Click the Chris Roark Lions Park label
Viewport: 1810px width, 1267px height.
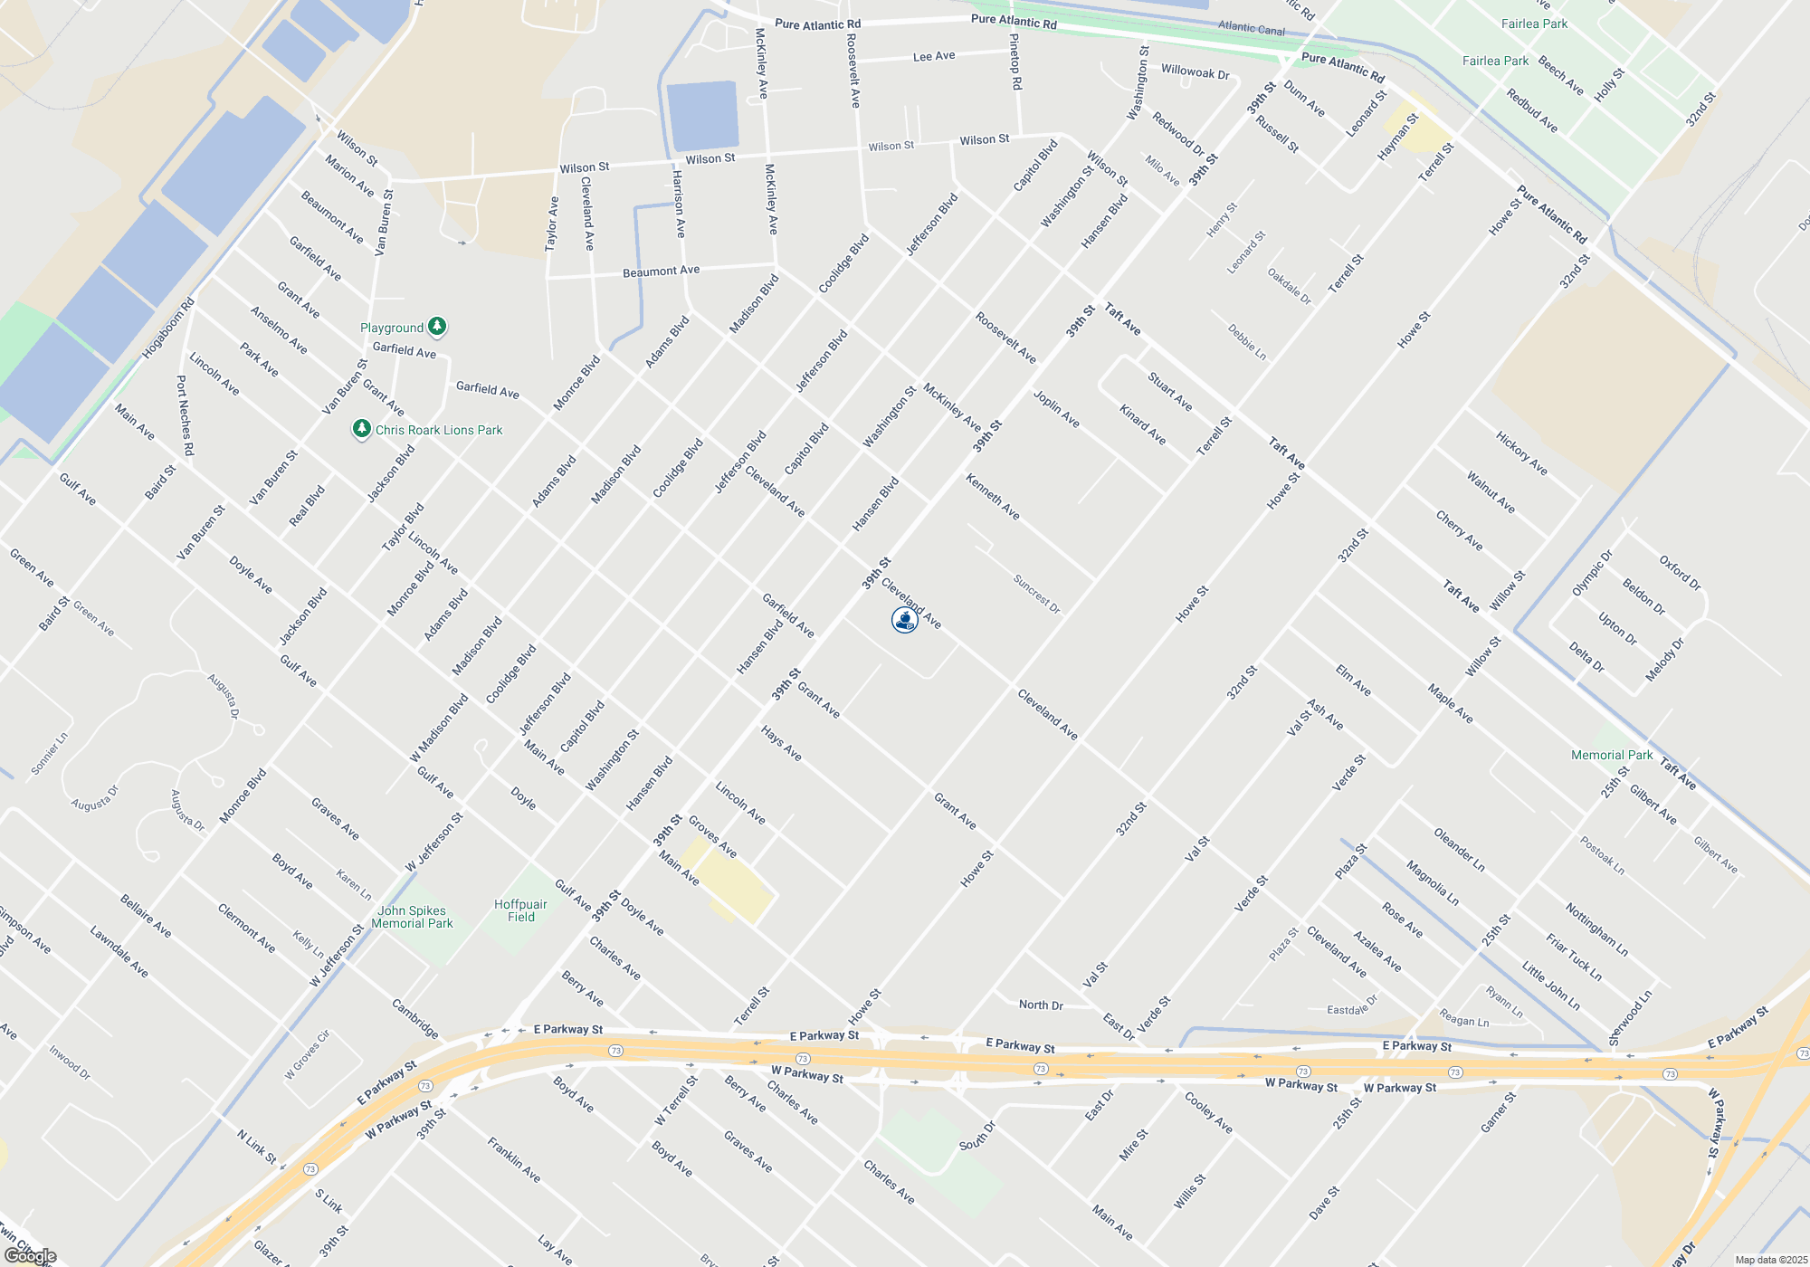coord(438,430)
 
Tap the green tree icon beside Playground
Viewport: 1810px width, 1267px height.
coord(437,326)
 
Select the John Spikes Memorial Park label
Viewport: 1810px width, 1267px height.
coord(412,917)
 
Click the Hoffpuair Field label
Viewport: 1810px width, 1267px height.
coord(520,910)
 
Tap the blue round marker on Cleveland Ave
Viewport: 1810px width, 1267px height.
coord(904,620)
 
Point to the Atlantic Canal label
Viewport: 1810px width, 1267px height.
coord(1251,28)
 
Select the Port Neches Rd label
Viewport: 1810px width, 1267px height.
coord(185,415)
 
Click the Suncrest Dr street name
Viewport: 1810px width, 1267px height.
coord(1036,595)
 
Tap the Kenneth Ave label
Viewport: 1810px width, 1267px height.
coord(993,497)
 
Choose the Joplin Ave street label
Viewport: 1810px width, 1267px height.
coord(1056,409)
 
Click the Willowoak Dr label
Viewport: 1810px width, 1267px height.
coord(1195,71)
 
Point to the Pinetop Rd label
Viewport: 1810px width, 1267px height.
coord(1015,62)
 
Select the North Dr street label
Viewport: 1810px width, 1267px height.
coord(1041,1005)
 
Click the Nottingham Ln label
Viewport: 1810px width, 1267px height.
coord(1596,929)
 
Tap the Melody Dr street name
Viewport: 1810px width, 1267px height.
coord(1665,660)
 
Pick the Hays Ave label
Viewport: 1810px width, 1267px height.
coord(781,743)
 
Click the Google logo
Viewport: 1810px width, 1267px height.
coord(30,1256)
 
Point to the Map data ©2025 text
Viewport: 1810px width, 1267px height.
coord(1771,1260)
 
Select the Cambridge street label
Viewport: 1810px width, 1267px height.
coord(415,1019)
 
